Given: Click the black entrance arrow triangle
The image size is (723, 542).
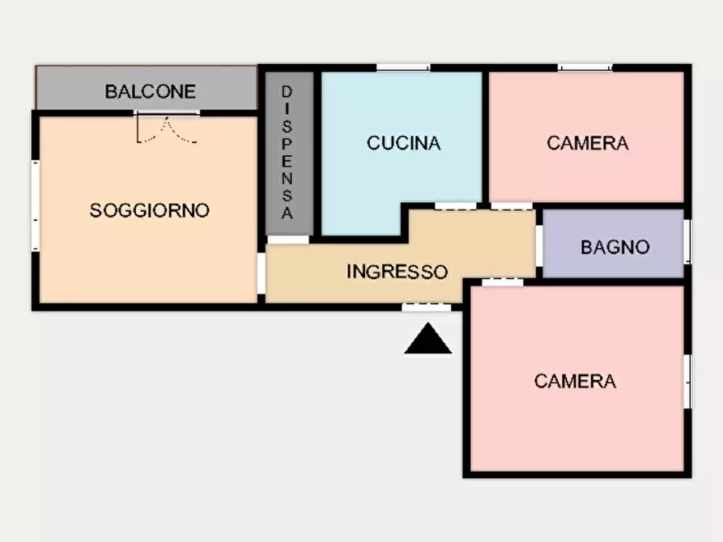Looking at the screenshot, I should pyautogui.click(x=427, y=341).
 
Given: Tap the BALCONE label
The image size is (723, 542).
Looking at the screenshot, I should pyautogui.click(x=150, y=91).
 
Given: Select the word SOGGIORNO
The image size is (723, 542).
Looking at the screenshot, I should pyautogui.click(x=149, y=210).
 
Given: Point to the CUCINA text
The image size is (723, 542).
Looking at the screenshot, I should pyautogui.click(x=403, y=143).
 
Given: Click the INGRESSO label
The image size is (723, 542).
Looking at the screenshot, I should pyautogui.click(x=397, y=272).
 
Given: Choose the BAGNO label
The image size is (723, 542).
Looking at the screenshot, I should pyautogui.click(x=615, y=247).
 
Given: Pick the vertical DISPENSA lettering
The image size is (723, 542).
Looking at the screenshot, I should pyautogui.click(x=287, y=153).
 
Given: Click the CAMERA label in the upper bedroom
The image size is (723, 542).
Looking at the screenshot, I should pyautogui.click(x=587, y=143).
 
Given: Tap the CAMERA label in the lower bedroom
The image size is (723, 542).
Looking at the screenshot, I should pyautogui.click(x=575, y=380).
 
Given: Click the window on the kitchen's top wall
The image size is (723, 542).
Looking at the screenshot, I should pyautogui.click(x=402, y=68).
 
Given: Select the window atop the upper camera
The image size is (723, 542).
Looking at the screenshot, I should pyautogui.click(x=585, y=68).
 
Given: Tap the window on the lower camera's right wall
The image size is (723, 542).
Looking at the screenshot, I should pyautogui.click(x=687, y=380).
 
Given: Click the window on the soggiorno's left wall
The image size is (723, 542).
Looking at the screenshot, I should pyautogui.click(x=36, y=204).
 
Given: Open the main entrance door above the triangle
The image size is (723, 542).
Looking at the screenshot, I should pyautogui.click(x=427, y=307).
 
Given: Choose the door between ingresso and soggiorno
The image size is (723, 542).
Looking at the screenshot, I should pyautogui.click(x=262, y=273).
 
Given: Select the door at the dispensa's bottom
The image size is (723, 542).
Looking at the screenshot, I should pyautogui.click(x=288, y=239).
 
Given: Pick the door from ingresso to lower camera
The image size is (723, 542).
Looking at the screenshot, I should pyautogui.click(x=502, y=282).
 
